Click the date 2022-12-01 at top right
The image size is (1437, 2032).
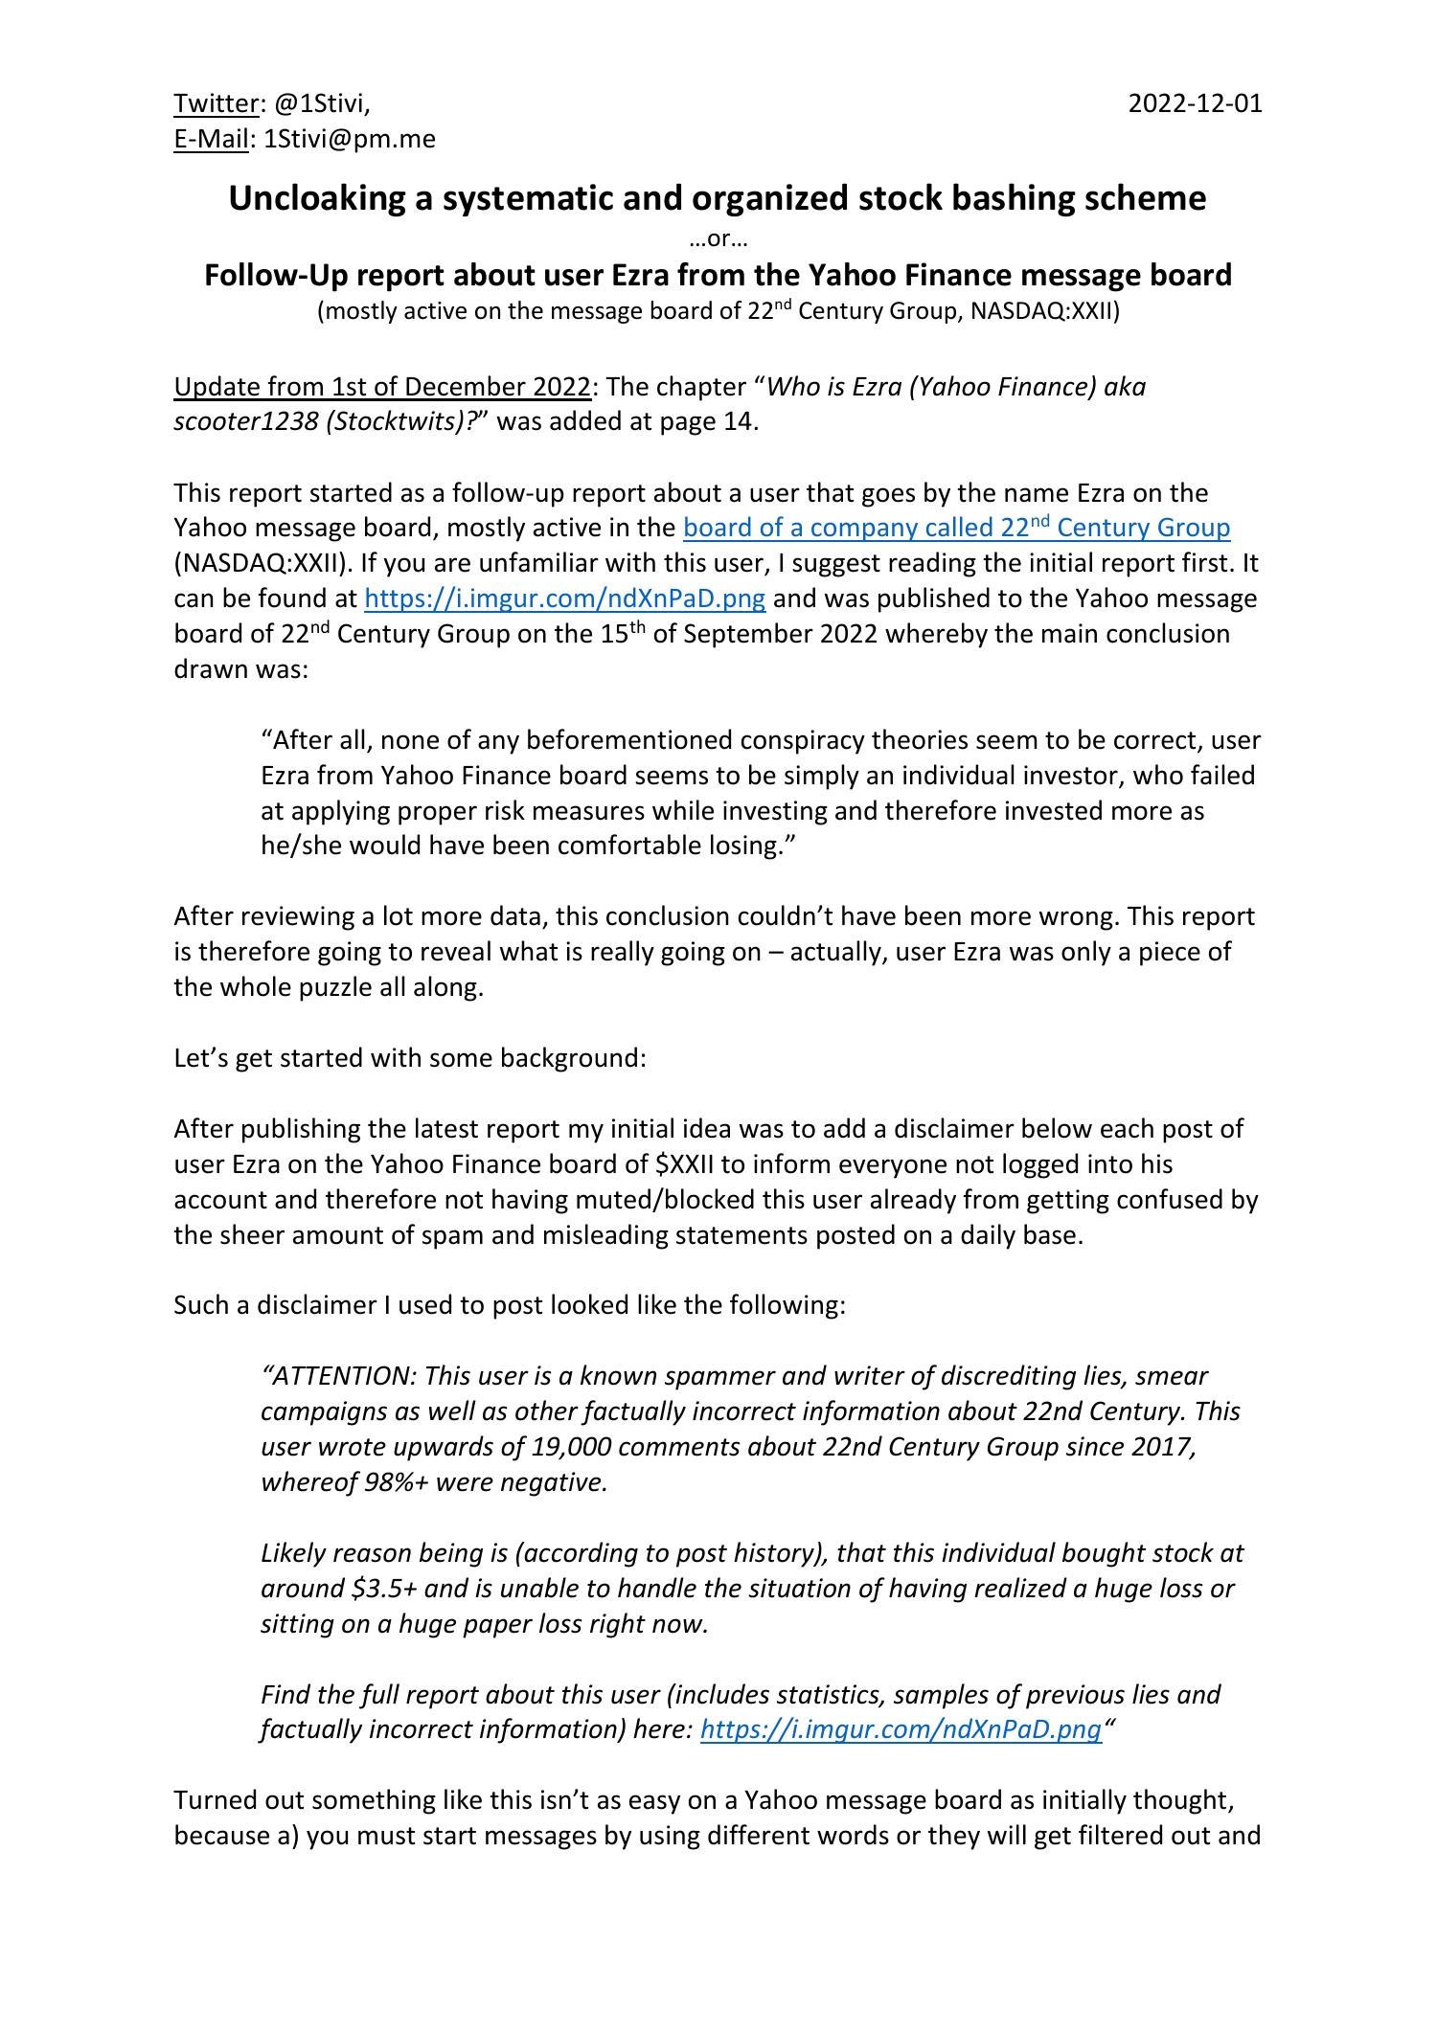(x=1195, y=103)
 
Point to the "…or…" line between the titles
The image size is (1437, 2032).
(x=718, y=239)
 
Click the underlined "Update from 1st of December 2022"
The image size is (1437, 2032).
(x=381, y=387)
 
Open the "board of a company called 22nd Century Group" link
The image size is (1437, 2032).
(x=955, y=528)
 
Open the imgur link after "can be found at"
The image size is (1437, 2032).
(x=565, y=598)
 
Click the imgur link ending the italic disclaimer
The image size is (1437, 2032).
(x=901, y=1729)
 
